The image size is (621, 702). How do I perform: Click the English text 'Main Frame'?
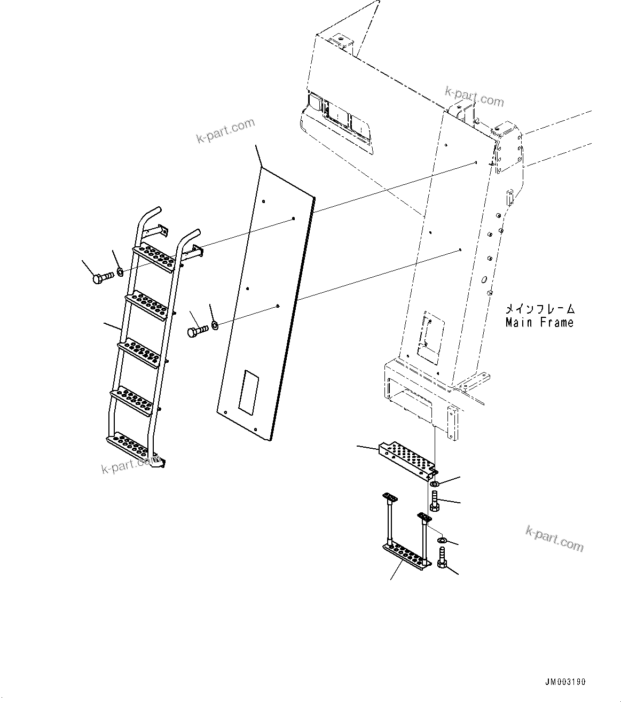539,323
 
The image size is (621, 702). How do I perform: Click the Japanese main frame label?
539,309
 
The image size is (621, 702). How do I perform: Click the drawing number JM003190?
565,682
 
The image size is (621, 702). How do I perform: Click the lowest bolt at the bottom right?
442,564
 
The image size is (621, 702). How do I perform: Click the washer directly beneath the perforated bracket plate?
435,484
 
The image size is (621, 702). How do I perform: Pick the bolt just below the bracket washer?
434,503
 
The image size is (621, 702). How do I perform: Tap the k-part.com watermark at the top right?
474,97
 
